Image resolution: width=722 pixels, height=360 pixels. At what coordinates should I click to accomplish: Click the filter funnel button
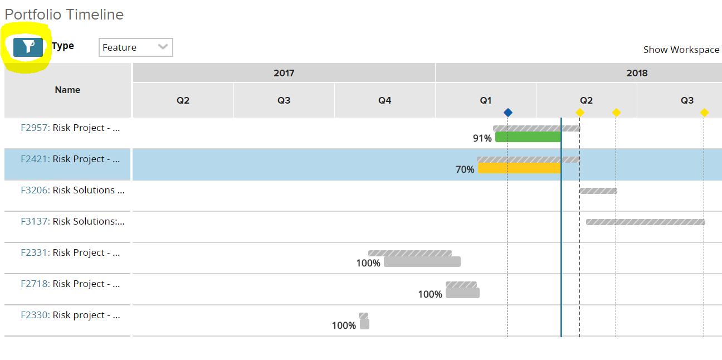[x=28, y=47]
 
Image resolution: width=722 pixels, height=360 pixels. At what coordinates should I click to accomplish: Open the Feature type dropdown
[x=135, y=47]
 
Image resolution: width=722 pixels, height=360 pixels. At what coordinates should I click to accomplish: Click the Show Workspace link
[x=681, y=50]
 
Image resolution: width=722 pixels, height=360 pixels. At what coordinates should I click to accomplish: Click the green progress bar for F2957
[x=528, y=137]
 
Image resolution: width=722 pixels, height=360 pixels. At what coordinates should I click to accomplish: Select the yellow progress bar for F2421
[x=519, y=168]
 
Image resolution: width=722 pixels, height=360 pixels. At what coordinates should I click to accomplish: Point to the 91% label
[x=482, y=138]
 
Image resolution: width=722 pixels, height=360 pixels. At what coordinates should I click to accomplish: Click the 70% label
[x=465, y=169]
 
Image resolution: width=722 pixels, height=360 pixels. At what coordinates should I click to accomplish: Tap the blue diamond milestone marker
[x=508, y=113]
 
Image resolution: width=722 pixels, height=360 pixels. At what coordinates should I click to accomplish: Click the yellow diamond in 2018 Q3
[x=704, y=113]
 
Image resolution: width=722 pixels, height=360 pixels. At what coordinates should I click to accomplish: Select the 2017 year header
[x=284, y=73]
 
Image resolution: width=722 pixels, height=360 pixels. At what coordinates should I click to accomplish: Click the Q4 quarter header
[x=384, y=100]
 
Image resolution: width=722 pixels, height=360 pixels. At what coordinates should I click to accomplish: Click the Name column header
[x=67, y=90]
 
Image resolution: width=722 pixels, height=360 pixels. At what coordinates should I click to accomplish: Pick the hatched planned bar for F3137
[x=645, y=222]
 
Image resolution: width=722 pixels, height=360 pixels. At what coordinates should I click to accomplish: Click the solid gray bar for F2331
[x=422, y=262]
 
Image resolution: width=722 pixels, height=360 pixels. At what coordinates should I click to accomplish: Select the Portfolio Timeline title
[x=64, y=14]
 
